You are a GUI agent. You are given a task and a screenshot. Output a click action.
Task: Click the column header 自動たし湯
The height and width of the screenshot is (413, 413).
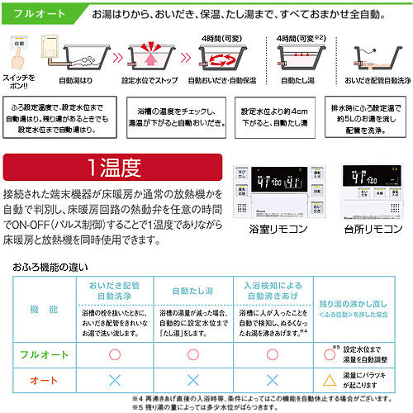tap(192, 291)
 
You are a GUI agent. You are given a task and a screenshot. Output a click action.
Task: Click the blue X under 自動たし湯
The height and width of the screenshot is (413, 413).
tap(192, 380)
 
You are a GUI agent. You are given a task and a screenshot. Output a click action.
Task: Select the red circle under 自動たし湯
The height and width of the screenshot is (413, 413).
tap(192, 354)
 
